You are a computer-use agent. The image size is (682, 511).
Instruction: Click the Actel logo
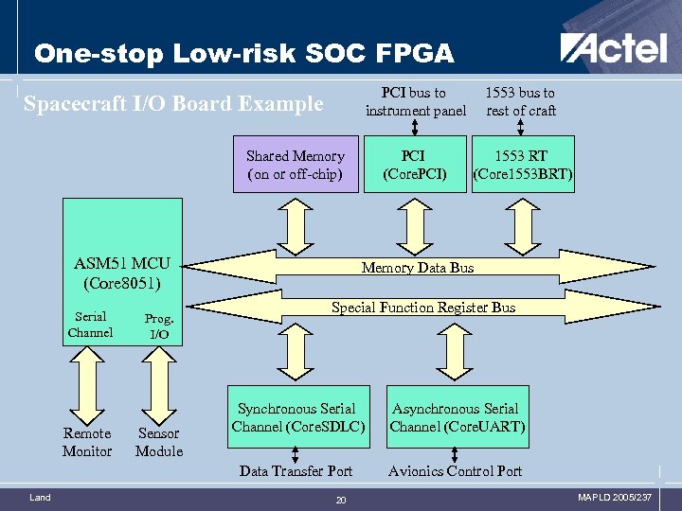tap(613, 48)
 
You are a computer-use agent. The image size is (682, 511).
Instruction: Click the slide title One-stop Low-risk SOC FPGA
tap(244, 53)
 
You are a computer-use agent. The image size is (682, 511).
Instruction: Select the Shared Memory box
tap(296, 165)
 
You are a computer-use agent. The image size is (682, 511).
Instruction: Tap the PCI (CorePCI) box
tap(414, 165)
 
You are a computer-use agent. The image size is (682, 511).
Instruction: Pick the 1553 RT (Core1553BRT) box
tap(523, 165)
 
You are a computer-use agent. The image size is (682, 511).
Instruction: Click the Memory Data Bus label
tap(418, 268)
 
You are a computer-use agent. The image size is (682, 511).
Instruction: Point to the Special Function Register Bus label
tap(422, 308)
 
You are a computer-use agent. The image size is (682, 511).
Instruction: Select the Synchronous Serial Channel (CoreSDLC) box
tap(297, 417)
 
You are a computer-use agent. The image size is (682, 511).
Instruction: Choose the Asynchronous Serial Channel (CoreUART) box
tap(457, 417)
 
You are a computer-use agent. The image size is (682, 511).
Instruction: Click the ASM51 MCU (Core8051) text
tap(122, 273)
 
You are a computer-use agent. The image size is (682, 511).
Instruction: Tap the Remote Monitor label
tap(87, 442)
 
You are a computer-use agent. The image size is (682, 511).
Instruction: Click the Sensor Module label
tap(159, 442)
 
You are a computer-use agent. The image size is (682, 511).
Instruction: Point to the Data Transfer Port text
tap(296, 470)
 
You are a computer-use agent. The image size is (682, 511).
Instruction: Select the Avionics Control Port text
tap(456, 470)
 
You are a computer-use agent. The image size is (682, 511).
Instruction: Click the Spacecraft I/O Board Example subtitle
tap(173, 103)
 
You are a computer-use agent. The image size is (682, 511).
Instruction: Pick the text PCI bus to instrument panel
tap(416, 101)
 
